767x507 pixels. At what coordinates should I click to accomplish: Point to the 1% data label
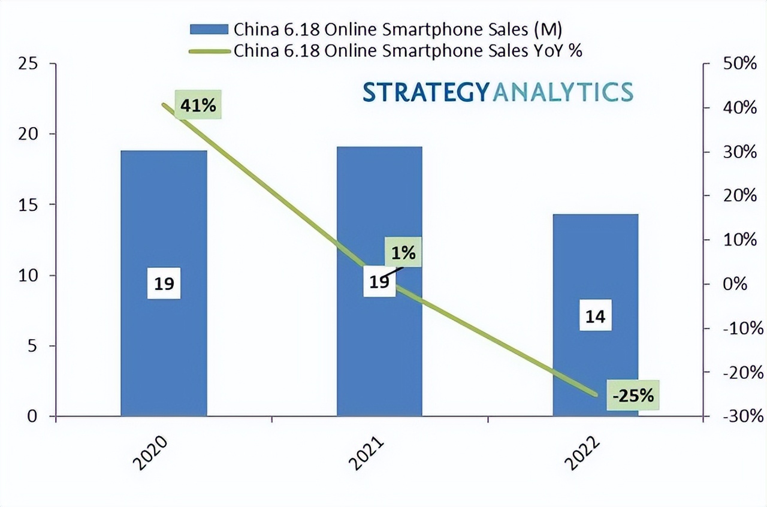(x=403, y=253)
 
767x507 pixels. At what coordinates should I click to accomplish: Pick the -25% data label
(x=633, y=396)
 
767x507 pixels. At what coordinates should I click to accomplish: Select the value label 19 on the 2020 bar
(x=164, y=283)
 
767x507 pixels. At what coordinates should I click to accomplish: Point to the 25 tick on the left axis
(x=29, y=64)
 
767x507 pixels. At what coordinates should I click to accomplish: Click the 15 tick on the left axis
(x=29, y=205)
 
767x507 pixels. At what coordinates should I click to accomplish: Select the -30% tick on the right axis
(x=742, y=417)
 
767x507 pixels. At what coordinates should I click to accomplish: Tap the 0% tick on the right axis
(x=735, y=284)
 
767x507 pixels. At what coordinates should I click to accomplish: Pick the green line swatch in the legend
(x=209, y=51)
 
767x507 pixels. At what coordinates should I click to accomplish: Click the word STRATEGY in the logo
(x=425, y=92)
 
